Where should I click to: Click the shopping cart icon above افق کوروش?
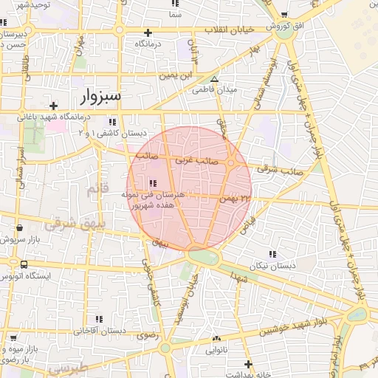283,15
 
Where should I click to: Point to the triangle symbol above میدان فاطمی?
215,79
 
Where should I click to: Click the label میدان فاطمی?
214,91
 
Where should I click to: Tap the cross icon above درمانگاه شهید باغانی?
53,106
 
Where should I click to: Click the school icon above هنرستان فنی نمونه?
153,183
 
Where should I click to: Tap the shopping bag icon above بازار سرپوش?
18,228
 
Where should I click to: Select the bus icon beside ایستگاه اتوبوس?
24,264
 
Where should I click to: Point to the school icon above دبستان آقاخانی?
98,320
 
